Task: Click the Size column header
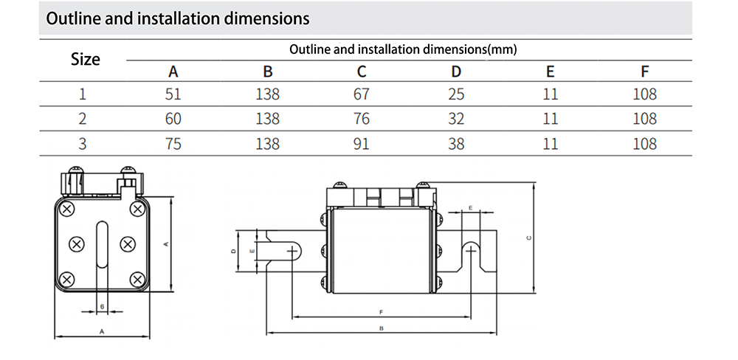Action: click(85, 59)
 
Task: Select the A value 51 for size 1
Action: click(173, 94)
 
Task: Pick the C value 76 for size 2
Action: click(362, 118)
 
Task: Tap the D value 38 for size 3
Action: click(456, 143)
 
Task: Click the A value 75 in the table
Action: click(173, 143)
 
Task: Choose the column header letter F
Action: click(644, 72)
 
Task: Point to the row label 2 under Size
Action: click(83, 118)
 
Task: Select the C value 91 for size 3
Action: click(362, 143)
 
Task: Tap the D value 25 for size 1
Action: click(456, 94)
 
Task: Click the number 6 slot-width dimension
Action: click(102, 306)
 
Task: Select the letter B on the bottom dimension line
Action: click(381, 328)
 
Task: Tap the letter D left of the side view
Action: click(233, 252)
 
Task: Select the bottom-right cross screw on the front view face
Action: click(137, 279)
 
